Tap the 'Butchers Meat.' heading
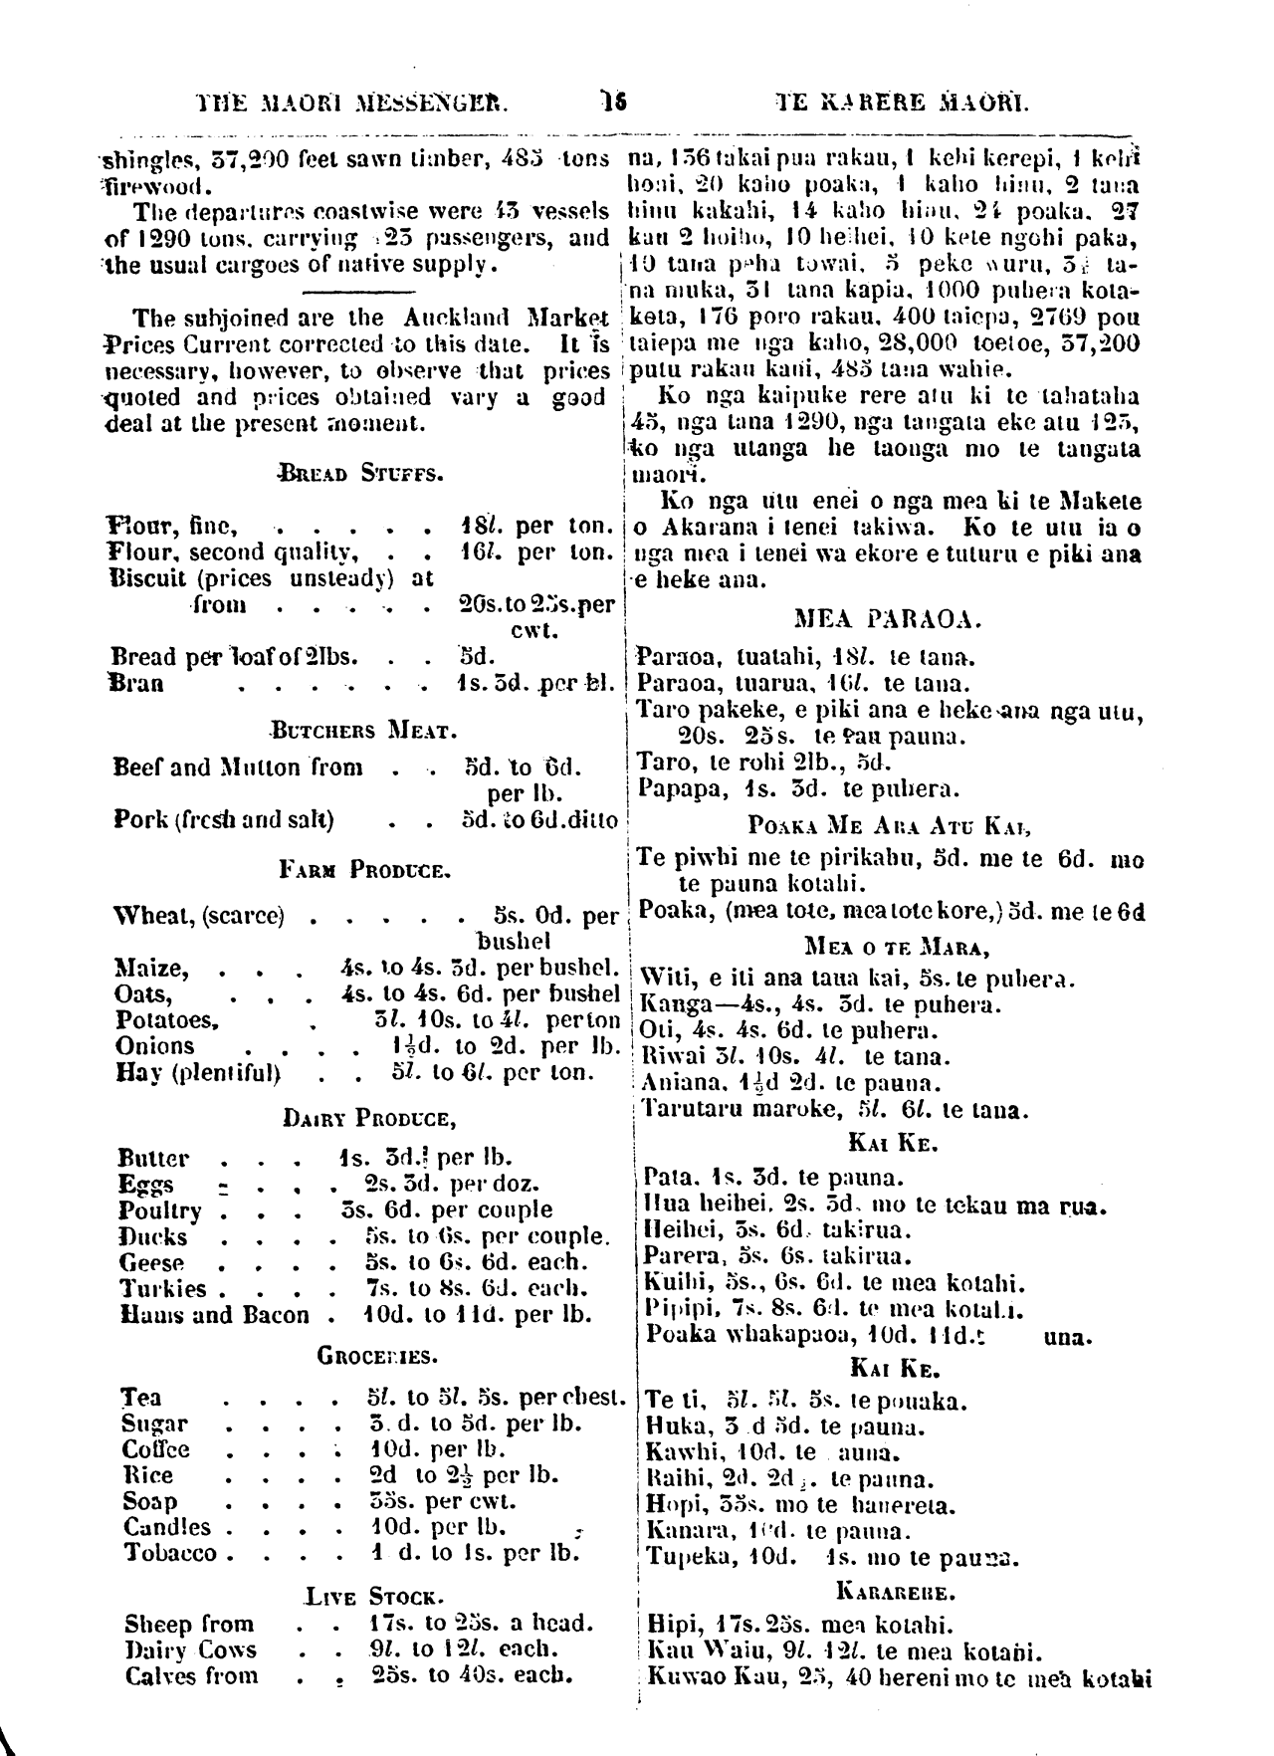(363, 732)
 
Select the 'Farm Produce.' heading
(365, 870)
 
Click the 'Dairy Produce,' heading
(370, 1119)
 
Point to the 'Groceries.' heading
(377, 1357)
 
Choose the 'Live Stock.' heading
(372, 1598)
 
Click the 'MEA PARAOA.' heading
(887, 620)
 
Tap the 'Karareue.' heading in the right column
(890, 1589)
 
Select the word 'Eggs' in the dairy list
(146, 1185)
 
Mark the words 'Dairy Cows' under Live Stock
(190, 1649)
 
